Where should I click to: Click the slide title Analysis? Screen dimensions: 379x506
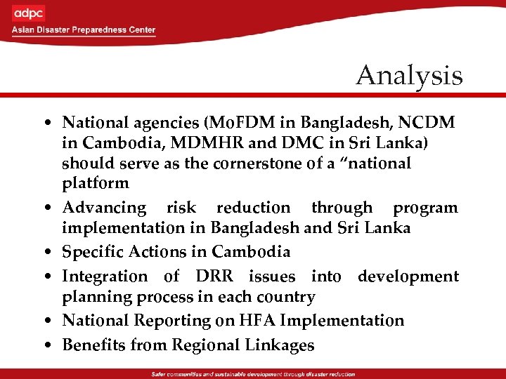pyautogui.click(x=409, y=76)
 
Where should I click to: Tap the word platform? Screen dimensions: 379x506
pyautogui.click(x=96, y=184)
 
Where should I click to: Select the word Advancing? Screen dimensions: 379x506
pyautogui.click(x=105, y=208)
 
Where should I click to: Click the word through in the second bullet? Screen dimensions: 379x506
pyautogui.click(x=342, y=208)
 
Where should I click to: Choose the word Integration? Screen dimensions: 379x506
pyautogui.click(x=105, y=277)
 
